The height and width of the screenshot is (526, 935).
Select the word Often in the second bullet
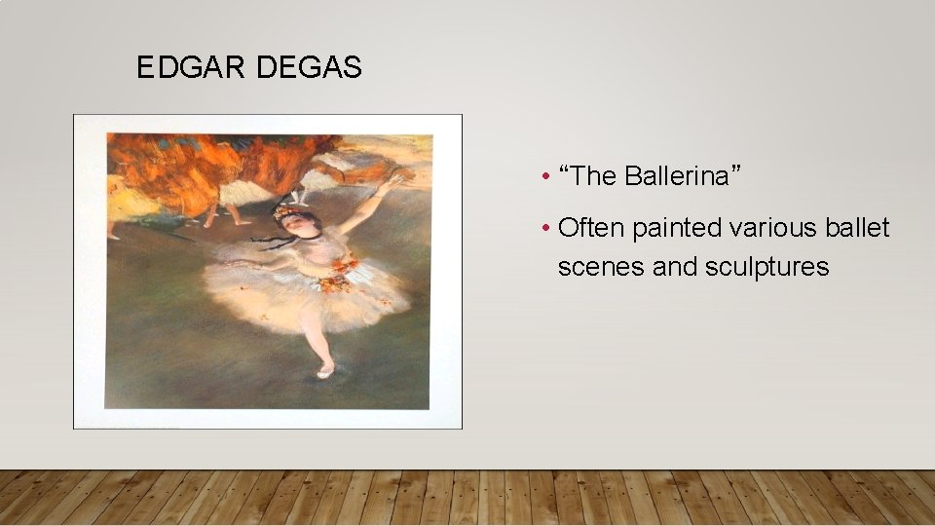point(592,228)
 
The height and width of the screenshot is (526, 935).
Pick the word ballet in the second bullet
point(861,228)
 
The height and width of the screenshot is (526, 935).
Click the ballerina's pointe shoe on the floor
point(325,371)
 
